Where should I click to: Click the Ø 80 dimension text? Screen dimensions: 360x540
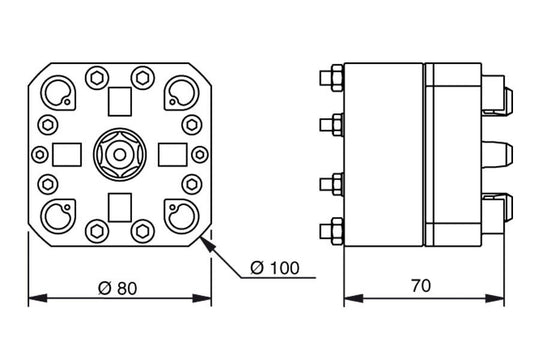click(x=118, y=287)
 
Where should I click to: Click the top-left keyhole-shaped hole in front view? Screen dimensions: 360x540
click(x=56, y=93)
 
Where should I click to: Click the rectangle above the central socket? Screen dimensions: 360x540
click(x=118, y=101)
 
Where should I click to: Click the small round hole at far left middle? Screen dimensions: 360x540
click(x=39, y=154)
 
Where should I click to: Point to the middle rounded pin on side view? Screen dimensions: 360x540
click(x=497, y=154)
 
